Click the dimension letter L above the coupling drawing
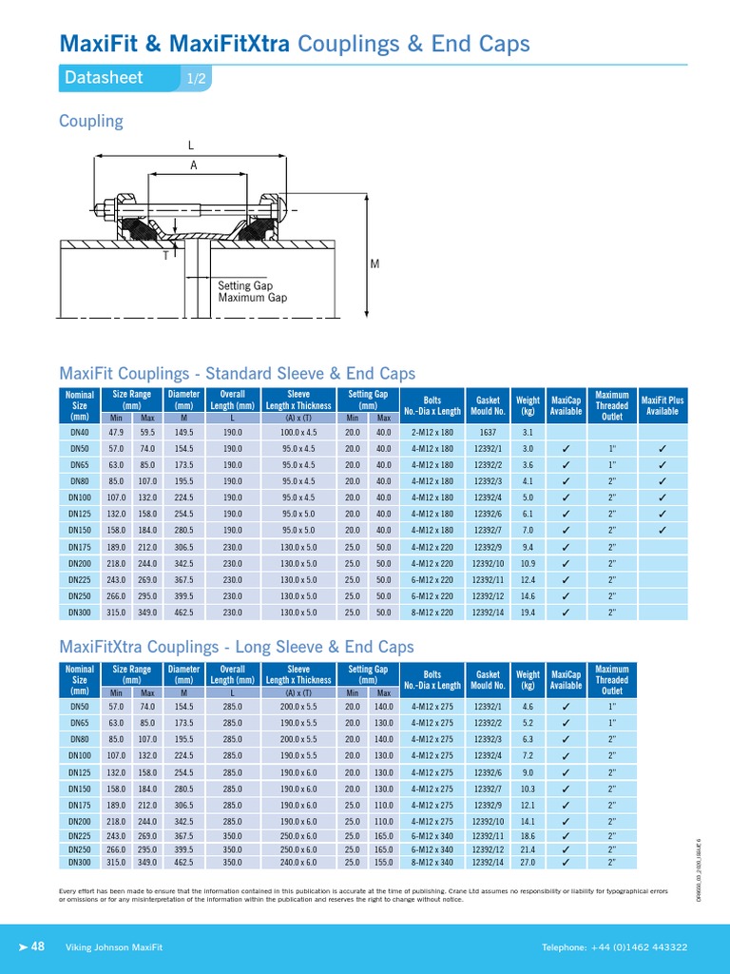[x=190, y=146]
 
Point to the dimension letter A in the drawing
[x=194, y=166]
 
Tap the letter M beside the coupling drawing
[x=375, y=263]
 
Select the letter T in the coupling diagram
[x=167, y=256]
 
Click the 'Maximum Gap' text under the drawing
[x=252, y=298]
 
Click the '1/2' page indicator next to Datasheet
[x=196, y=79]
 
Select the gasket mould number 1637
[x=488, y=431]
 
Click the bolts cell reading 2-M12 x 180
[x=432, y=431]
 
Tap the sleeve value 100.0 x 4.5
[x=298, y=431]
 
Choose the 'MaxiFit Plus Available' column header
[x=662, y=405]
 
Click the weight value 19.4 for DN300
[x=528, y=613]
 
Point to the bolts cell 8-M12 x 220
[x=432, y=613]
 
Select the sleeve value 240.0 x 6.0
[x=298, y=863]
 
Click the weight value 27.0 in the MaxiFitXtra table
[x=528, y=863]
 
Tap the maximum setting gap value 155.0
[x=383, y=863]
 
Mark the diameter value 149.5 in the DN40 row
[x=183, y=431]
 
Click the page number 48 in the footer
[x=39, y=946]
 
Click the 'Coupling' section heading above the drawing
[x=91, y=121]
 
